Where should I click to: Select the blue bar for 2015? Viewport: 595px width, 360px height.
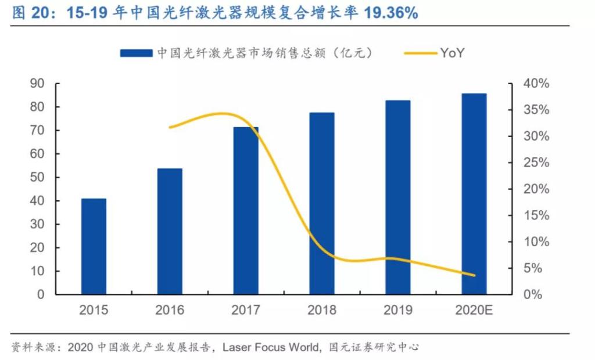[x=94, y=246]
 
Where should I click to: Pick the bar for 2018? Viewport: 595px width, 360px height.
[x=322, y=203]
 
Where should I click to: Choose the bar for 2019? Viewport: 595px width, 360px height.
[x=398, y=197]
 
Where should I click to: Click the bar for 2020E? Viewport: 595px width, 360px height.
[x=474, y=194]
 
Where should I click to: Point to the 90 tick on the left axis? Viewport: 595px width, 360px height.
[x=37, y=84]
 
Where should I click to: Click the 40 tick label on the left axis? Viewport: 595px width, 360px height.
[x=37, y=201]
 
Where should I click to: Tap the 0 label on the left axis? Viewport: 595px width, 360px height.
[x=41, y=294]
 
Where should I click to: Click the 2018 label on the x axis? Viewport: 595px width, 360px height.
[x=322, y=310]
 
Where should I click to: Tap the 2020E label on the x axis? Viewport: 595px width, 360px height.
[x=474, y=310]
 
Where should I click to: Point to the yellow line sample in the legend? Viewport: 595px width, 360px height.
[x=418, y=53]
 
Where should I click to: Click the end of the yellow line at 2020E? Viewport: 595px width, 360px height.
[x=474, y=275]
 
